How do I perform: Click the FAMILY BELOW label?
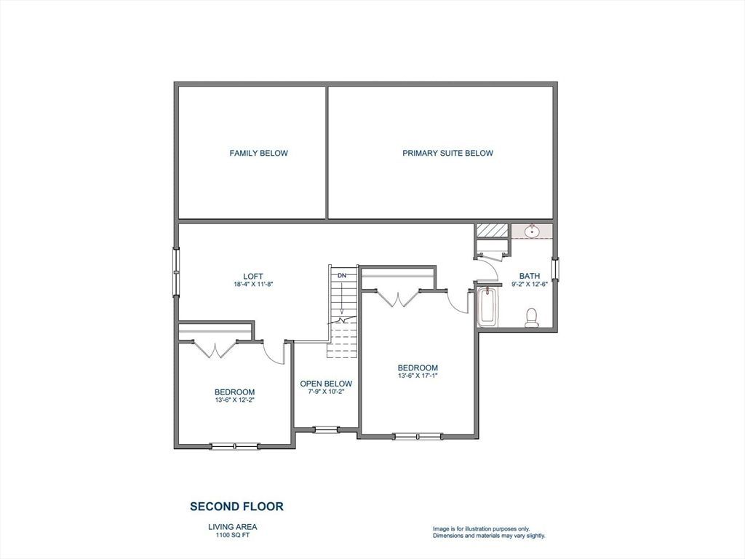258,153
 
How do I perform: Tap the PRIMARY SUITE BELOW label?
447,153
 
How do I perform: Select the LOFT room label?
252,277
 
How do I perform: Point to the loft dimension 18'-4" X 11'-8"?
252,285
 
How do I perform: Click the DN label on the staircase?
342,275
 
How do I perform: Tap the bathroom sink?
532,231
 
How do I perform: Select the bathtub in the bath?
487,307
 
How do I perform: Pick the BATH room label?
530,276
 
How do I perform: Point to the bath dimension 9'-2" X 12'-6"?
530,284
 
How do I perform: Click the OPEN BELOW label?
326,384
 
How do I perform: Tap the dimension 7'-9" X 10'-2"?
326,392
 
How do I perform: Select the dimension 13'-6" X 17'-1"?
418,376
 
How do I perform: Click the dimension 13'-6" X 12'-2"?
235,400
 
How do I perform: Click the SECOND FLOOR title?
236,507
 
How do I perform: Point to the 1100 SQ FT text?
233,535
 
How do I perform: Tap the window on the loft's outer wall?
176,272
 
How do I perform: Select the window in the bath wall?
555,269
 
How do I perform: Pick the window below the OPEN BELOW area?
327,429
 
